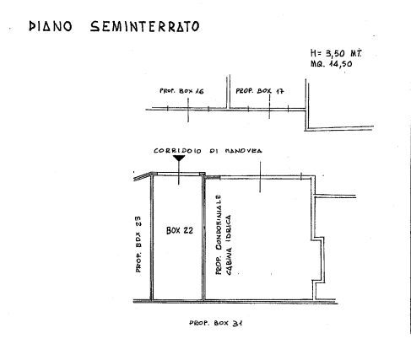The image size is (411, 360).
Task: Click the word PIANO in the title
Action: [x=51, y=26]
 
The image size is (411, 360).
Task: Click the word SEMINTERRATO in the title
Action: [x=145, y=26]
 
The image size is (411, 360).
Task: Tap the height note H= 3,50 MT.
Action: [x=336, y=53]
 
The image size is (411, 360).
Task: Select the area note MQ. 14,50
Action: [x=332, y=64]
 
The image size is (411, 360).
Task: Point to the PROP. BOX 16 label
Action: [x=181, y=91]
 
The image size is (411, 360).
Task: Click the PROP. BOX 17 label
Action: [x=260, y=91]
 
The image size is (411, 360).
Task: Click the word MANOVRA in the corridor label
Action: [x=244, y=151]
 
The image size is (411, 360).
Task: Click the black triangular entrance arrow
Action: [x=179, y=159]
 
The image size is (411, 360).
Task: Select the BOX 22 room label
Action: [x=180, y=230]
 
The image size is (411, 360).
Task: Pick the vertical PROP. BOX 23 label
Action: [x=138, y=244]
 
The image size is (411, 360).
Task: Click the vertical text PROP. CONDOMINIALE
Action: [x=219, y=234]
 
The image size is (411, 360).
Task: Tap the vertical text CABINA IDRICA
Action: [x=229, y=244]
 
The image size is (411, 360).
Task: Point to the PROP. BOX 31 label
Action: [x=216, y=323]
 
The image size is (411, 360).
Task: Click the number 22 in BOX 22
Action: [x=188, y=230]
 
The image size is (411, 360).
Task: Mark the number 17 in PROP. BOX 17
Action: [x=279, y=91]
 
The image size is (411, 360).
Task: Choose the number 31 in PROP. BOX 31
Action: [x=238, y=323]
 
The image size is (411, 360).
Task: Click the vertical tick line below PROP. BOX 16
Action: [x=188, y=110]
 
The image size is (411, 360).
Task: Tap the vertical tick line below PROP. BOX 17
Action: [x=269, y=107]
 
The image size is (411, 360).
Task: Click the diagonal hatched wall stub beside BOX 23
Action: [x=143, y=176]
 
